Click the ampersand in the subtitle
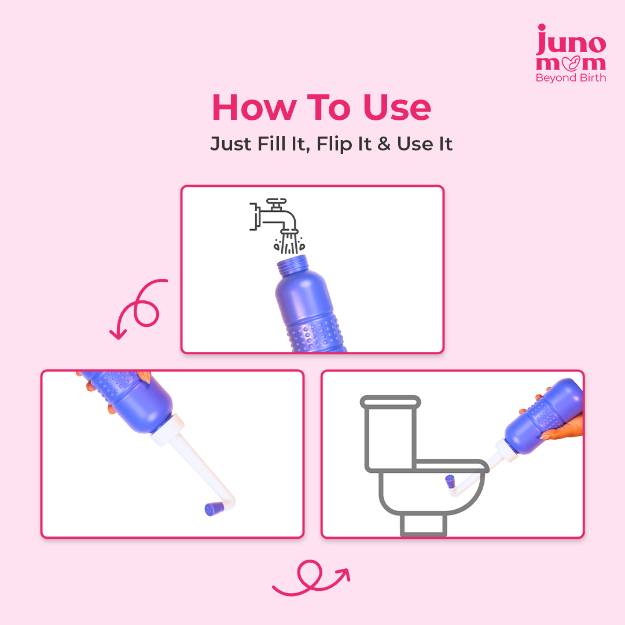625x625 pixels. coord(384,144)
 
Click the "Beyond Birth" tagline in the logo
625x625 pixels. coord(571,78)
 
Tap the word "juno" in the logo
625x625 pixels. coord(571,43)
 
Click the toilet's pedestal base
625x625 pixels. coord(424,524)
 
